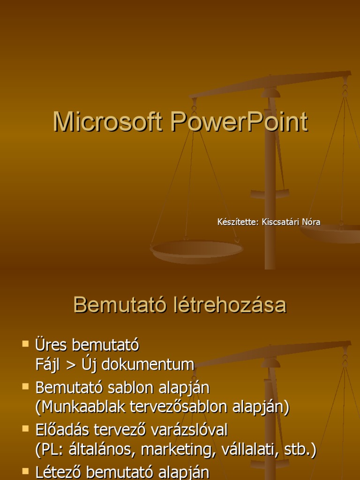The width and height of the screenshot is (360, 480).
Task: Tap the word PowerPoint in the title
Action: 239,122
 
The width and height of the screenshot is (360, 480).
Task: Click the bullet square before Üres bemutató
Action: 25,344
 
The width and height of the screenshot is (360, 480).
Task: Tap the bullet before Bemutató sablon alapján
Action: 25,387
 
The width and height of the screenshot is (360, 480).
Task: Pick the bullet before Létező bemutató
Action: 25,470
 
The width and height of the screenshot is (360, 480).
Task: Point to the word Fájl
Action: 47,365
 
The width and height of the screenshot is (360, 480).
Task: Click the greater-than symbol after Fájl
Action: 70,365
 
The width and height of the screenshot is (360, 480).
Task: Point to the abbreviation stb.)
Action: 300,450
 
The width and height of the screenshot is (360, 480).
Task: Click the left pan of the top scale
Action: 197,250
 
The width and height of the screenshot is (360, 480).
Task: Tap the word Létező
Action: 58,472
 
